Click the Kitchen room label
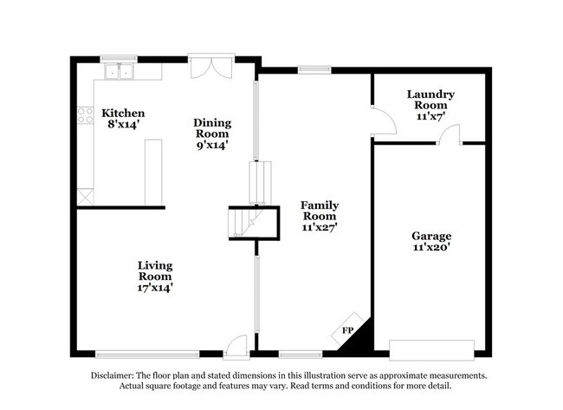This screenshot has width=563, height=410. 123,114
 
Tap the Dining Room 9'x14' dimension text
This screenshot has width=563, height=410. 212,145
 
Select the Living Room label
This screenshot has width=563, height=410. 155,271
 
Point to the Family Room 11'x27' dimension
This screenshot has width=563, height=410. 320,227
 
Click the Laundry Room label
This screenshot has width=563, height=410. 430,100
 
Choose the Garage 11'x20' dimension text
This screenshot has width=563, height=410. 431,247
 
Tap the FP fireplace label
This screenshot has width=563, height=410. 347,330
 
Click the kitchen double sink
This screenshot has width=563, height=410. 120,71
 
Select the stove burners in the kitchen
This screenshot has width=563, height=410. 86,115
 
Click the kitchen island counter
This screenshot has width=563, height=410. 153,172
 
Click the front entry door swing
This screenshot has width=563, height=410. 236,347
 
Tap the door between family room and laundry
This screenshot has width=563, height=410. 384,120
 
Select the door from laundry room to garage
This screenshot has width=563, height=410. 449,134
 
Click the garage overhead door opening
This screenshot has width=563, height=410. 431,350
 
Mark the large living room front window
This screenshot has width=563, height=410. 147,355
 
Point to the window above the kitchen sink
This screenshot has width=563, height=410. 119,59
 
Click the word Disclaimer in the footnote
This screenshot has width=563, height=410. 112,375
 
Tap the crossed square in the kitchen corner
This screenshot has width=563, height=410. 86,197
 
